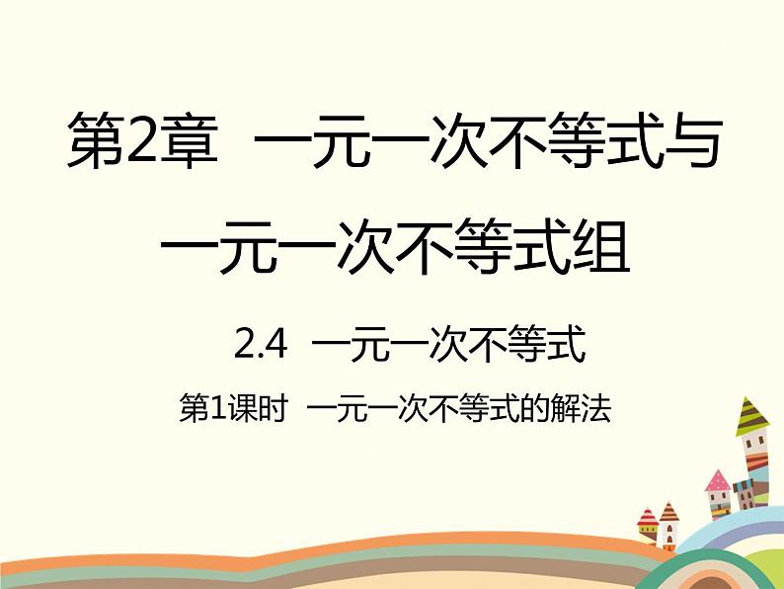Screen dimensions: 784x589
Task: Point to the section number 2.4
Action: pos(261,344)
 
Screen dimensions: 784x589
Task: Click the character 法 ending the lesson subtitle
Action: pos(596,410)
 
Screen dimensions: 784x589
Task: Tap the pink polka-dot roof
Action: pos(718,481)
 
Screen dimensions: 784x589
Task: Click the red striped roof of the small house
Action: pos(647,517)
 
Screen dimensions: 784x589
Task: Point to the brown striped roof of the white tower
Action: pos(668,512)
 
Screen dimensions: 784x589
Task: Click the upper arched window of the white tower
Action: pos(669,529)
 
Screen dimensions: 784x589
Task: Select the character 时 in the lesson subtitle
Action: pos(274,410)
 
